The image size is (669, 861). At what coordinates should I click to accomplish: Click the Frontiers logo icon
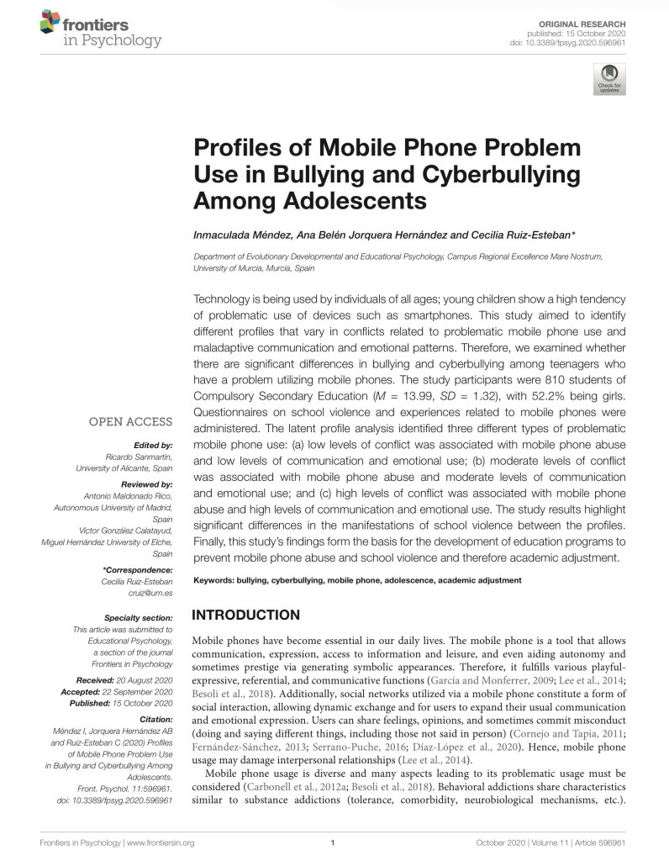tap(50, 26)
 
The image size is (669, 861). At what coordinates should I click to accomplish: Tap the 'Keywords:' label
tap(213, 580)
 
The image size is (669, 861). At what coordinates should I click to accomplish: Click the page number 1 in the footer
tap(334, 843)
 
